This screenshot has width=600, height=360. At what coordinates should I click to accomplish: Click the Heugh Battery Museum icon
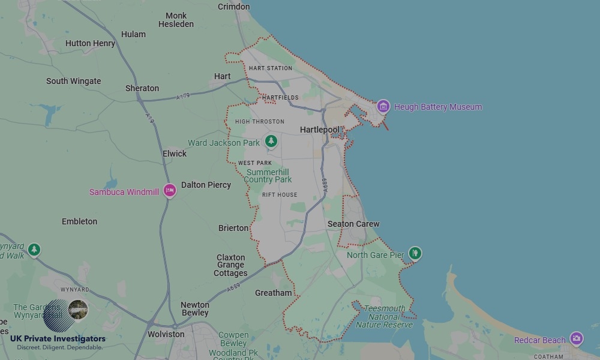(x=383, y=107)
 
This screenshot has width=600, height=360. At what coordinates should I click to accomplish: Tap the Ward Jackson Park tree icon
(x=271, y=141)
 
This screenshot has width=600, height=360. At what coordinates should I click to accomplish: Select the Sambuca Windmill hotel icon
(x=170, y=190)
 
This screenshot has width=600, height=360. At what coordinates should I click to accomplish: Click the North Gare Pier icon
(x=415, y=254)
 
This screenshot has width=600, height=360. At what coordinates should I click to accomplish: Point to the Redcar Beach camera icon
(x=576, y=339)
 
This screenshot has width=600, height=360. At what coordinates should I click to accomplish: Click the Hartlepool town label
(x=319, y=130)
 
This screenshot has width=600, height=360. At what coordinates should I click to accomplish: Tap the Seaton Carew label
(x=353, y=224)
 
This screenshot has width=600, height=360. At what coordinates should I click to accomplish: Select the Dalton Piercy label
(x=206, y=185)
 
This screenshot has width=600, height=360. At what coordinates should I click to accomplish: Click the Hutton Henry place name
(x=90, y=43)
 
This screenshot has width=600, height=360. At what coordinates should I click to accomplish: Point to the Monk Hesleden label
(x=176, y=20)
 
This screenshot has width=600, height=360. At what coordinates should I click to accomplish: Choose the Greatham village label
(x=273, y=293)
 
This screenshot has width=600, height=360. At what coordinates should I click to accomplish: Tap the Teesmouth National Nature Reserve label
(x=384, y=317)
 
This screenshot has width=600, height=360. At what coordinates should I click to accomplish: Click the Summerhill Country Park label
(x=268, y=176)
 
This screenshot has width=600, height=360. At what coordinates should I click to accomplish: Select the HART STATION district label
(x=270, y=68)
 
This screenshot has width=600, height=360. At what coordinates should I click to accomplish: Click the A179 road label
(x=183, y=97)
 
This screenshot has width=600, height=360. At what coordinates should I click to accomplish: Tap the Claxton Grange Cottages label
(x=230, y=265)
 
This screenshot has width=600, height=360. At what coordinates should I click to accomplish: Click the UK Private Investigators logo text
(x=58, y=339)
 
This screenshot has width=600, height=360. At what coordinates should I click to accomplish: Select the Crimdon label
(x=233, y=7)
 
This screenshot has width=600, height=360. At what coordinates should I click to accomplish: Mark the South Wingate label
(x=73, y=81)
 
